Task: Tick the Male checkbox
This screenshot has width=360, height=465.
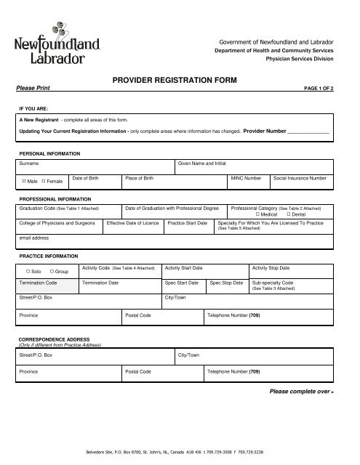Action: [25, 180]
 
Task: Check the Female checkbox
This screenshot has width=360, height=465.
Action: [44, 180]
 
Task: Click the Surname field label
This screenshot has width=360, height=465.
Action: [30, 164]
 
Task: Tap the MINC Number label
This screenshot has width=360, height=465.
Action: [247, 177]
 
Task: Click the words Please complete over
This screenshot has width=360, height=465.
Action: [300, 391]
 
